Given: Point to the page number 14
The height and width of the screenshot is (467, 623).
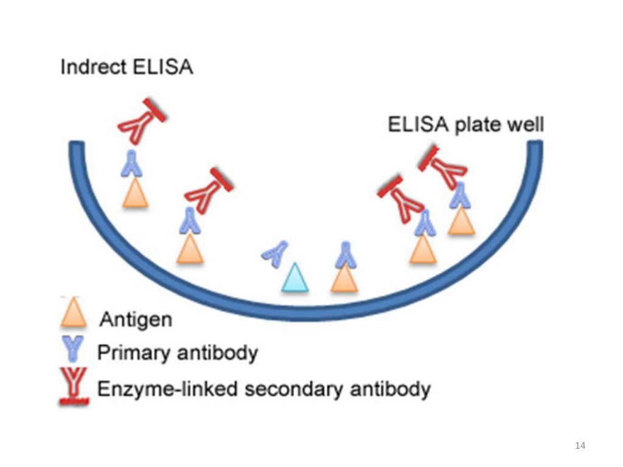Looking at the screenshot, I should (x=580, y=446).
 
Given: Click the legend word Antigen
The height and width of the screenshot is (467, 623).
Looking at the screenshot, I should (x=136, y=319).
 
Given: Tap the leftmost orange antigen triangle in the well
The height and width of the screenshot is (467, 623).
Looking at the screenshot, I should (x=135, y=194).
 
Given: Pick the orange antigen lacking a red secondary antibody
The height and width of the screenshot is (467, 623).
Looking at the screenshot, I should (x=344, y=278).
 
